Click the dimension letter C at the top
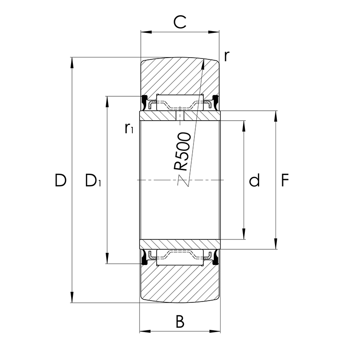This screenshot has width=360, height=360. pos(180,22)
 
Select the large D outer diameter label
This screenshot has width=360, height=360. pos(60,180)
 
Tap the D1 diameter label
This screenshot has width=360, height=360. pos(93,180)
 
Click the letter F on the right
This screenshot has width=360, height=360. pos(285,180)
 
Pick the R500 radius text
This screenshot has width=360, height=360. pos(182,152)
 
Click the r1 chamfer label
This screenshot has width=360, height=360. pos(129,128)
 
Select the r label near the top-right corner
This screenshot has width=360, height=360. pos(227,56)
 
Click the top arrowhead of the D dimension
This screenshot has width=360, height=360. pos(72,63)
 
